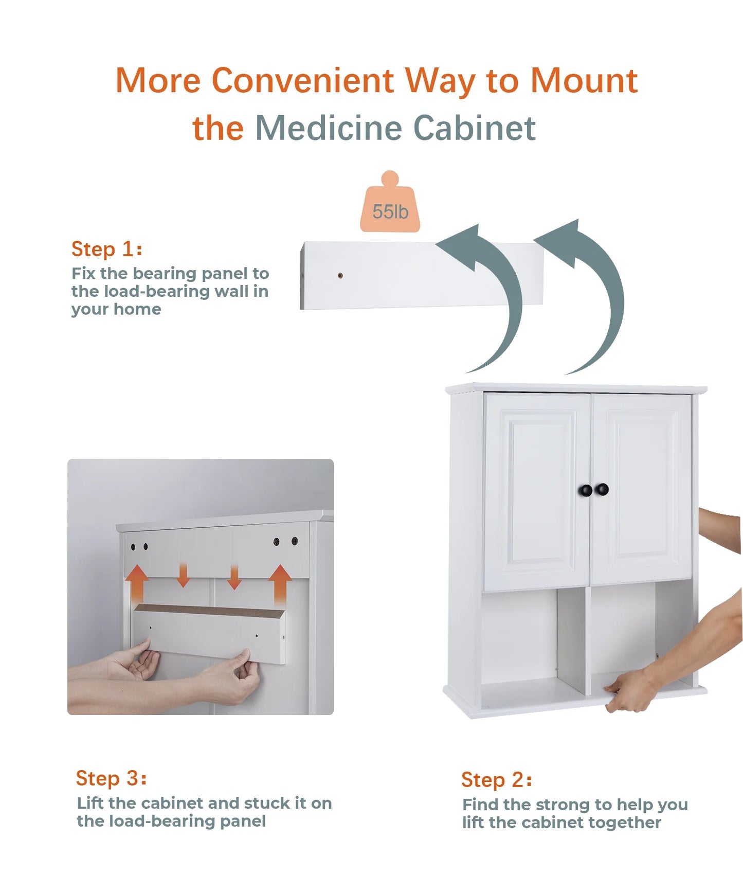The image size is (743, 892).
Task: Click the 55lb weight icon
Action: pyautogui.click(x=390, y=206)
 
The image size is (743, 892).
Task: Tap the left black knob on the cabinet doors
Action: pyautogui.click(x=586, y=490)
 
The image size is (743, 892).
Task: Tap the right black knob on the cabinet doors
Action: pyautogui.click(x=602, y=489)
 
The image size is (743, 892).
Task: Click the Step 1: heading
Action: pyautogui.click(x=106, y=249)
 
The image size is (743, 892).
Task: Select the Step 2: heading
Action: pyautogui.click(x=496, y=780)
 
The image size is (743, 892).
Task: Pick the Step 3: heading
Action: pyautogui.click(x=111, y=778)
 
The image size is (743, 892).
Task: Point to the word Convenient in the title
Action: pyautogui.click(x=303, y=81)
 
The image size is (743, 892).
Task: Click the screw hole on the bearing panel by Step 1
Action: pyautogui.click(x=340, y=276)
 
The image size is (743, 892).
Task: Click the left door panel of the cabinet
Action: pyautogui.click(x=538, y=491)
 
